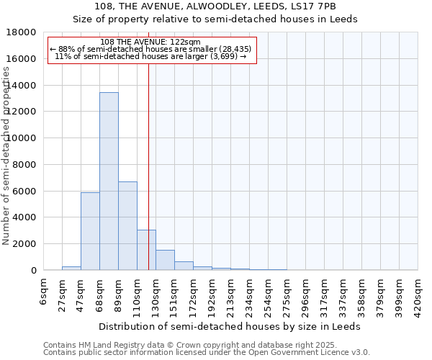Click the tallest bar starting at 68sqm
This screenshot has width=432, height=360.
pyautogui.click(x=109, y=181)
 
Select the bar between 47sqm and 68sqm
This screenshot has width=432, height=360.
pyautogui.click(x=90, y=231)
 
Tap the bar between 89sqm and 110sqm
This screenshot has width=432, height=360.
pyautogui.click(x=127, y=226)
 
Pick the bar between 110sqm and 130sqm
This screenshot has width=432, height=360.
pyautogui.click(x=146, y=250)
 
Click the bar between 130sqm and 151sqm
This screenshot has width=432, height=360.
pyautogui.click(x=165, y=260)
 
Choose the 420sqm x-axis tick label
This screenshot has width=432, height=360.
pyautogui.click(x=418, y=294)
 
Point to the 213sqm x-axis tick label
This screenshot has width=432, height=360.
pyautogui.click(x=231, y=294)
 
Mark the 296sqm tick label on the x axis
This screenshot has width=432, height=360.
pyautogui.click(x=306, y=294)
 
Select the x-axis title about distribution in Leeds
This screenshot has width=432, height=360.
pyautogui.click(x=230, y=326)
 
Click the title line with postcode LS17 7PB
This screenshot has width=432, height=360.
pyautogui.click(x=215, y=6)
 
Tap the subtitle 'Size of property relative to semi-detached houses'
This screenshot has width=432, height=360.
pyautogui.click(x=215, y=19)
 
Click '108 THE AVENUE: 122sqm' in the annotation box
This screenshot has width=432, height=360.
pyautogui.click(x=151, y=42)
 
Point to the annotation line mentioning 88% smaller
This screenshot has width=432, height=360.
pyautogui.click(x=151, y=49)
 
